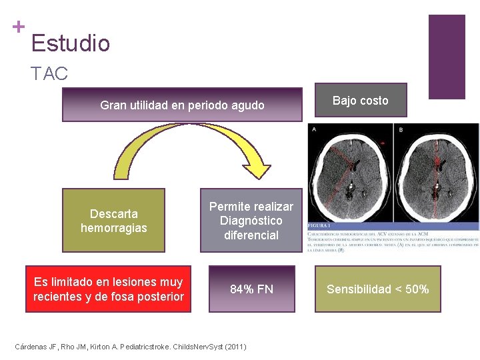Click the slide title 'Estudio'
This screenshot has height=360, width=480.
pyautogui.click(x=70, y=43)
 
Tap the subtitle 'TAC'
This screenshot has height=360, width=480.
pyautogui.click(x=49, y=73)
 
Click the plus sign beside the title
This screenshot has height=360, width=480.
pyautogui.click(x=19, y=27)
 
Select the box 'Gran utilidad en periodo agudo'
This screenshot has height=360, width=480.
pyautogui.click(x=182, y=105)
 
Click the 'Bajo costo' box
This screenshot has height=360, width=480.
pyautogui.click(x=360, y=101)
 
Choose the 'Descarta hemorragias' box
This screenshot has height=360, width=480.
pyautogui.click(x=113, y=221)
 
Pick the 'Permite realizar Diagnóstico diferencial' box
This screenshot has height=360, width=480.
pyautogui.click(x=251, y=221)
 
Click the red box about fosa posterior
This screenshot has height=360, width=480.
pyautogui.click(x=108, y=289)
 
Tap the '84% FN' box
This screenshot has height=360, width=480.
pyautogui.click(x=251, y=289)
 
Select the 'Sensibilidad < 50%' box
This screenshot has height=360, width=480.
pyautogui.click(x=377, y=289)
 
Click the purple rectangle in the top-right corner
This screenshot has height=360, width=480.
pyautogui.click(x=446, y=57)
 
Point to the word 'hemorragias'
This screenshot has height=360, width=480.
pyautogui.click(x=114, y=228)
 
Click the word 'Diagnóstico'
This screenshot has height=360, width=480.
pyautogui.click(x=251, y=221)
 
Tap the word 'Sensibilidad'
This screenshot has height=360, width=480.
pyautogui.click(x=359, y=289)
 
